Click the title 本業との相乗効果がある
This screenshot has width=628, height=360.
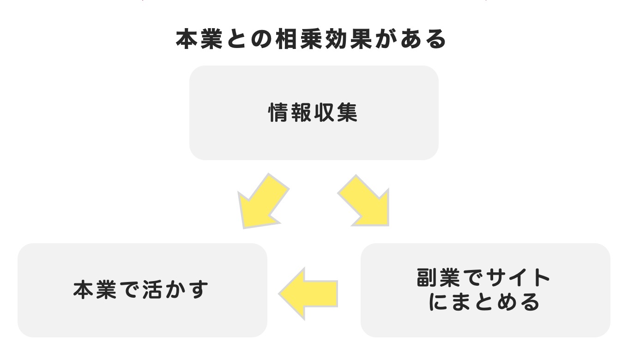click(x=311, y=40)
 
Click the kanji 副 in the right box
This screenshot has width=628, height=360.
click(x=428, y=278)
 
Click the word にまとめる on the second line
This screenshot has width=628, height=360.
click(x=485, y=302)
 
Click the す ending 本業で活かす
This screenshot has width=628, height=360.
click(x=199, y=290)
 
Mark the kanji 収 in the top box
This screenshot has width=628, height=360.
click(x=325, y=113)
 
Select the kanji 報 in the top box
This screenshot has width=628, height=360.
click(x=302, y=113)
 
